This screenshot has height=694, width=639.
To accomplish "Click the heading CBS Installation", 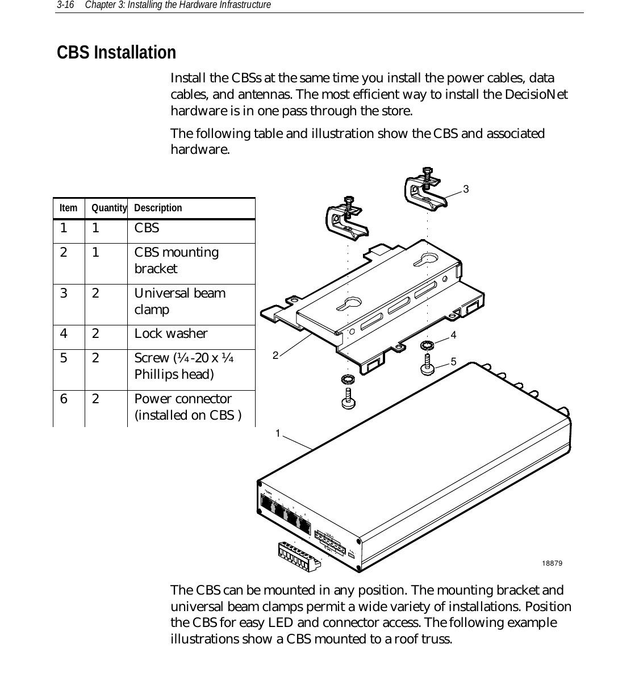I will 116,53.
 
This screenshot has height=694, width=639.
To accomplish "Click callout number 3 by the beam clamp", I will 466,189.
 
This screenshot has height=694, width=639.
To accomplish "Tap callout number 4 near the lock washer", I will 453,335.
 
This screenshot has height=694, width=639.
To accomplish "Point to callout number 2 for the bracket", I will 275,356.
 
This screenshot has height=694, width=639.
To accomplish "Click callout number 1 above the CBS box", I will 278,434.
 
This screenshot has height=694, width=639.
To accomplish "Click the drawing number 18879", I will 552,563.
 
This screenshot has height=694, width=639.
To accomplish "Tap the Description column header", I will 158,208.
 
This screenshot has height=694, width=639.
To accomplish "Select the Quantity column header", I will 109,208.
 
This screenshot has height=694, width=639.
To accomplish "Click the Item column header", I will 68,208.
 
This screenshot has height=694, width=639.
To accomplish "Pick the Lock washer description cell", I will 170,333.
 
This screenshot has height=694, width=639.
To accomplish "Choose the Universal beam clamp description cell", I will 179,301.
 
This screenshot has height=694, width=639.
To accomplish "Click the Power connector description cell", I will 187,407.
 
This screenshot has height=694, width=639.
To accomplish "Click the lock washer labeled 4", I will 427,345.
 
